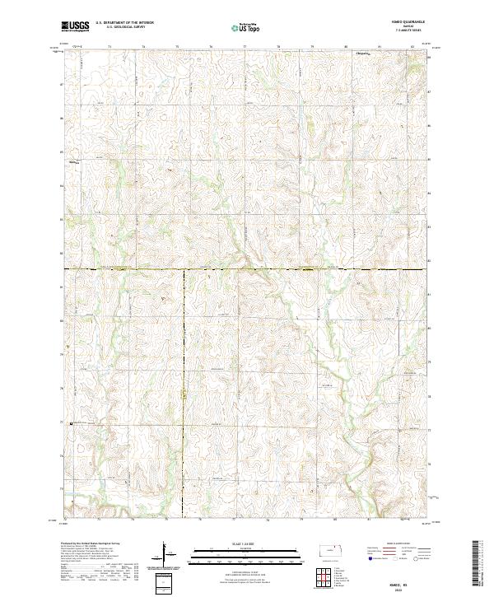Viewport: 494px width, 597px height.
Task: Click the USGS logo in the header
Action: pyautogui.click(x=76, y=26)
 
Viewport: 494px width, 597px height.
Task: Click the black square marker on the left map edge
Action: pyautogui.click(x=72, y=424)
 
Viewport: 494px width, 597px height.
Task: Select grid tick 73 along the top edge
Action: pyautogui.click(x=110, y=47)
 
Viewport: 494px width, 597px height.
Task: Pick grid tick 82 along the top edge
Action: pyautogui.click(x=412, y=47)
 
